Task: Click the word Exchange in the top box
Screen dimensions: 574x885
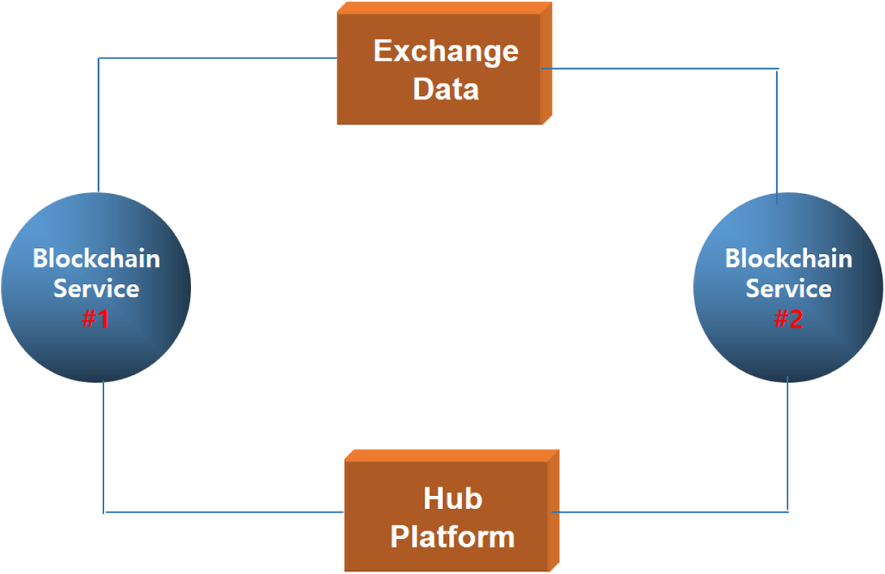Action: pyautogui.click(x=445, y=52)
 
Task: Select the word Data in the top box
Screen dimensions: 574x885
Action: pyautogui.click(x=446, y=89)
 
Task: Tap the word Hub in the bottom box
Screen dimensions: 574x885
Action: pyautogui.click(x=453, y=499)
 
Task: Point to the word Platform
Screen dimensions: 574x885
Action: pyautogui.click(x=453, y=537)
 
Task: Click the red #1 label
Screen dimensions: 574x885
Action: pyautogui.click(x=96, y=319)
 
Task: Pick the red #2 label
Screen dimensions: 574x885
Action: pyautogui.click(x=788, y=319)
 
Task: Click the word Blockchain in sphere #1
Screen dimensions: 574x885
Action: pyautogui.click(x=96, y=259)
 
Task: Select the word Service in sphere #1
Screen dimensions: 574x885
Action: pyautogui.click(x=96, y=288)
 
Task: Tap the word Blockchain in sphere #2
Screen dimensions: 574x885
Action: pyautogui.click(x=788, y=259)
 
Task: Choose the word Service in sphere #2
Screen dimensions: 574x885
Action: pyautogui.click(x=788, y=288)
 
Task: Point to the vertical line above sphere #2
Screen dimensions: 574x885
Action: pyautogui.click(x=777, y=135)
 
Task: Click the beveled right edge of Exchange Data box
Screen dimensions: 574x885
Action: pyautogui.click(x=546, y=64)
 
